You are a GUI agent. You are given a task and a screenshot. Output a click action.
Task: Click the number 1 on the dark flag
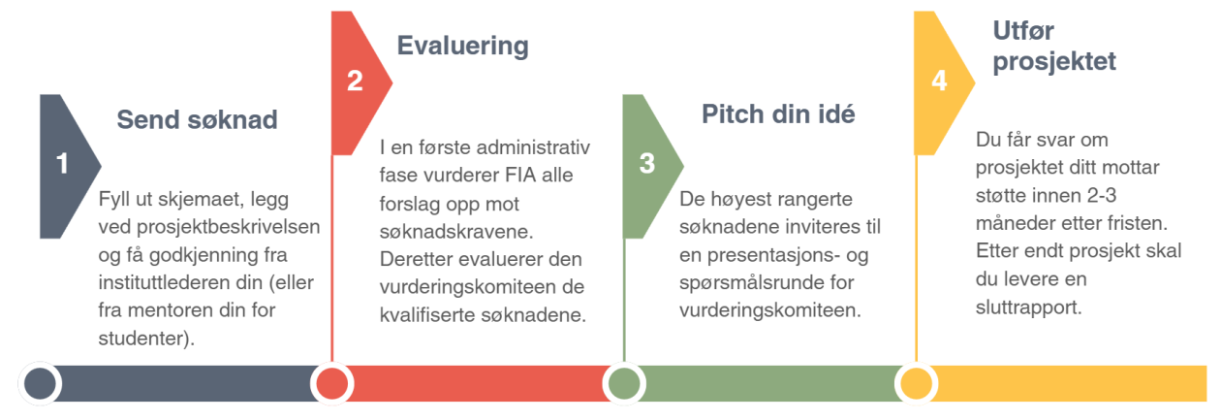(63, 164)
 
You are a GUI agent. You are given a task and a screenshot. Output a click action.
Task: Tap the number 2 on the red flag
(355, 81)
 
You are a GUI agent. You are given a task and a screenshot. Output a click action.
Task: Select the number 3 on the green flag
(646, 163)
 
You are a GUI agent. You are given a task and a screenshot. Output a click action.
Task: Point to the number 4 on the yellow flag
(939, 81)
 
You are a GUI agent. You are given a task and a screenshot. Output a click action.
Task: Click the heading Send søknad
(198, 119)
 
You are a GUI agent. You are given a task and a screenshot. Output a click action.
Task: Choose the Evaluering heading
(463, 46)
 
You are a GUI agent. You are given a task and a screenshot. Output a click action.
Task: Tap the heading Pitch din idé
(778, 114)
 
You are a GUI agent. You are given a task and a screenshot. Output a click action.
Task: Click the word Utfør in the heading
(1023, 30)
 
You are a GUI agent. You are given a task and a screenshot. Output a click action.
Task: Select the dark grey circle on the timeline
(40, 383)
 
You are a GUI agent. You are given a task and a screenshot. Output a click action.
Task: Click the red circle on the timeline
(332, 383)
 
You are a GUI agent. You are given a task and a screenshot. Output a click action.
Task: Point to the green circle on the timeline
(624, 383)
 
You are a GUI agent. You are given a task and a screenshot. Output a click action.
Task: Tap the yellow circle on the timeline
(916, 383)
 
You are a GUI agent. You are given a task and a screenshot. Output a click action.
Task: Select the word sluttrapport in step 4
(1028, 308)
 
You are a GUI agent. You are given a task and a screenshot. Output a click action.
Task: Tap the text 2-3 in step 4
(1102, 196)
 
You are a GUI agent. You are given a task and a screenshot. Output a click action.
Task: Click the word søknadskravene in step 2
(456, 232)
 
